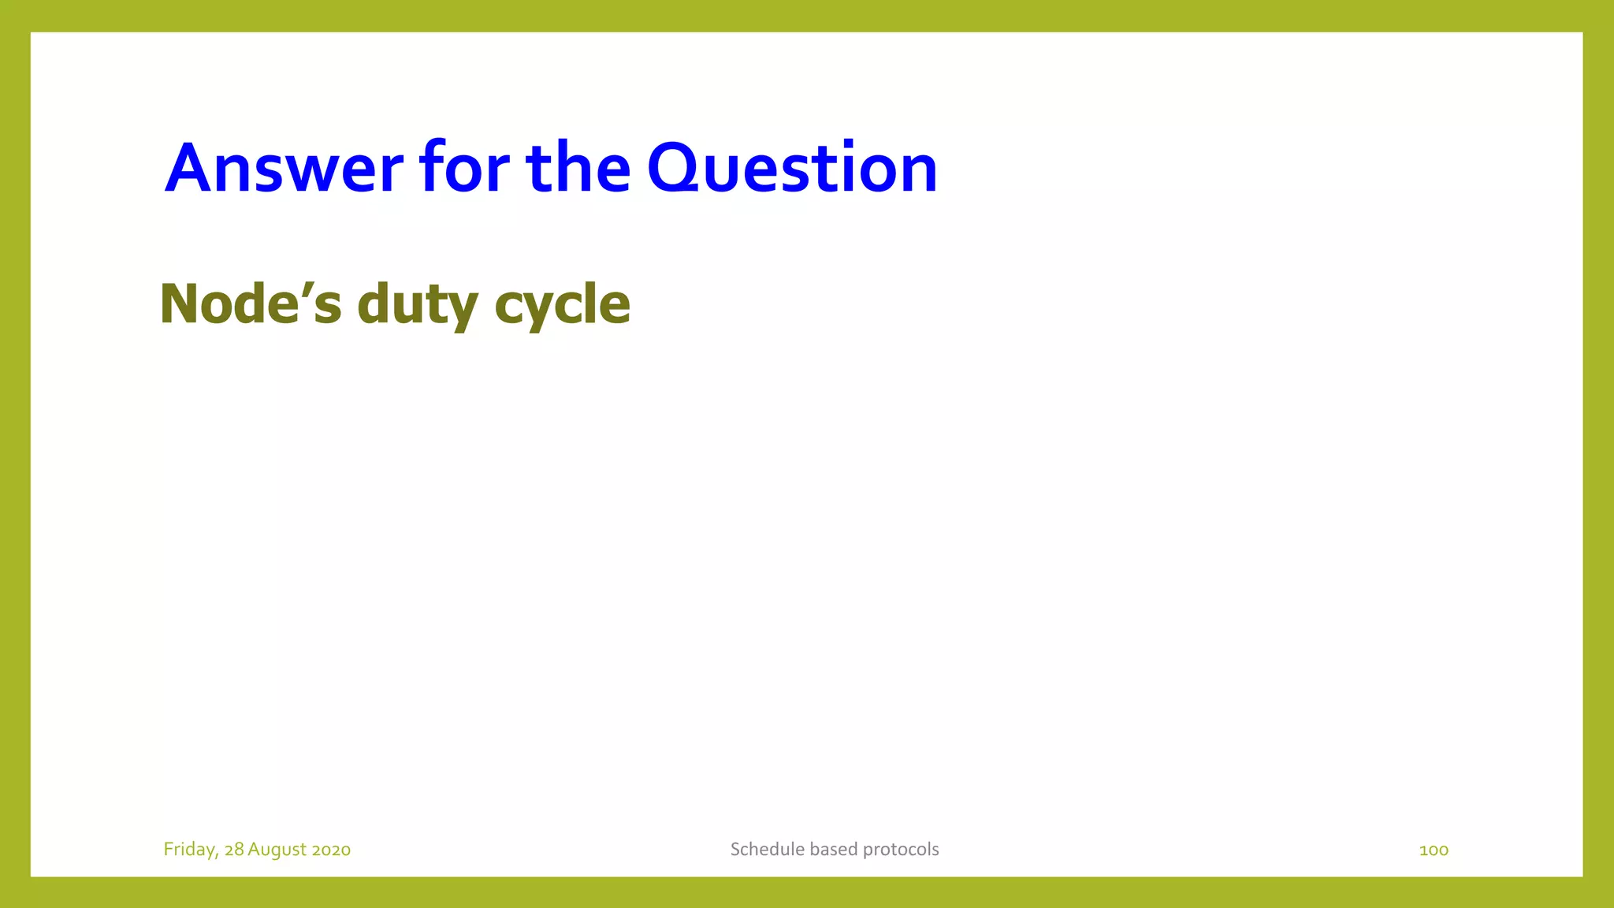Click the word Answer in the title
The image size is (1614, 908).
(x=284, y=168)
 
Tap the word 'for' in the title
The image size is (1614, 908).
(x=464, y=168)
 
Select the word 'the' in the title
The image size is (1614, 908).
(x=578, y=168)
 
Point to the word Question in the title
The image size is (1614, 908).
(x=792, y=168)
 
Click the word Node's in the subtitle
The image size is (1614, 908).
(x=251, y=304)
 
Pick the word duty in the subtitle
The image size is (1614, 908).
(x=418, y=304)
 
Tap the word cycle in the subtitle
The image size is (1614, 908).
(x=563, y=304)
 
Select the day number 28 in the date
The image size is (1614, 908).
(x=234, y=850)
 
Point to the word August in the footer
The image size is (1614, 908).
(x=277, y=850)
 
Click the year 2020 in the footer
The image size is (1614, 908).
(x=331, y=850)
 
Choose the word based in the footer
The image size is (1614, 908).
(x=834, y=850)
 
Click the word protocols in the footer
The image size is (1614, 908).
(x=901, y=850)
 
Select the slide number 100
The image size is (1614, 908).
(x=1434, y=850)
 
